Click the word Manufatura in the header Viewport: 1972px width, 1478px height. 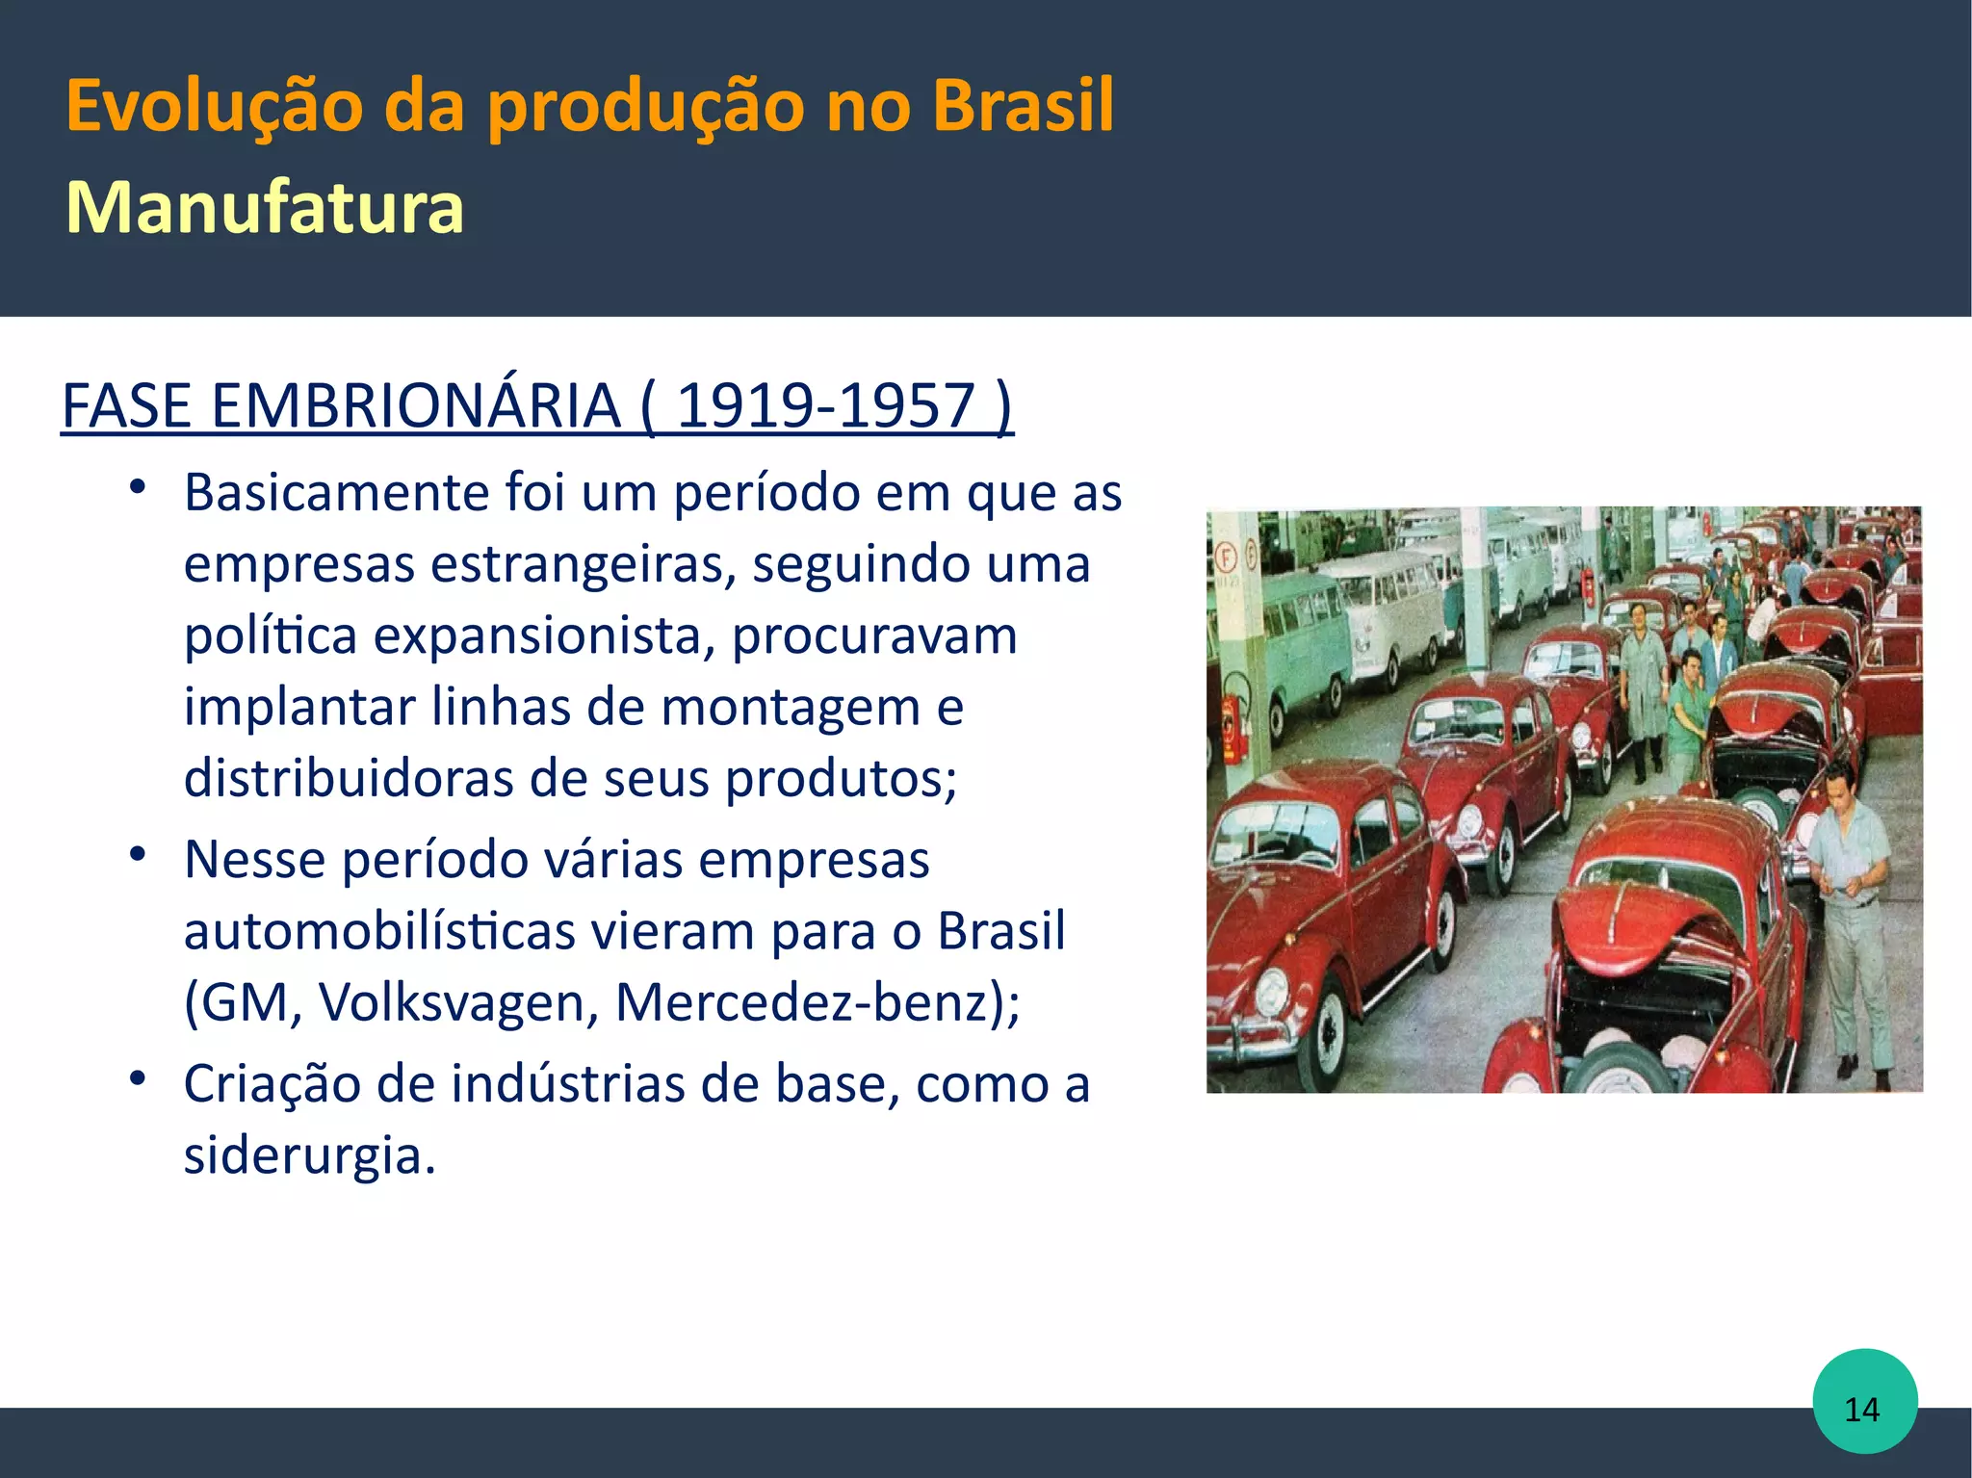point(265,207)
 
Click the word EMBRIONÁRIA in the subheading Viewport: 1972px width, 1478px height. point(416,405)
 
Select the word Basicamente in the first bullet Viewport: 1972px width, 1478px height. point(337,493)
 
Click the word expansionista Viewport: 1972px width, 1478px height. point(543,635)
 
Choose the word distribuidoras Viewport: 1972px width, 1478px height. point(349,778)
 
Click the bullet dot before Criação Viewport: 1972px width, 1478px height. point(139,1078)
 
